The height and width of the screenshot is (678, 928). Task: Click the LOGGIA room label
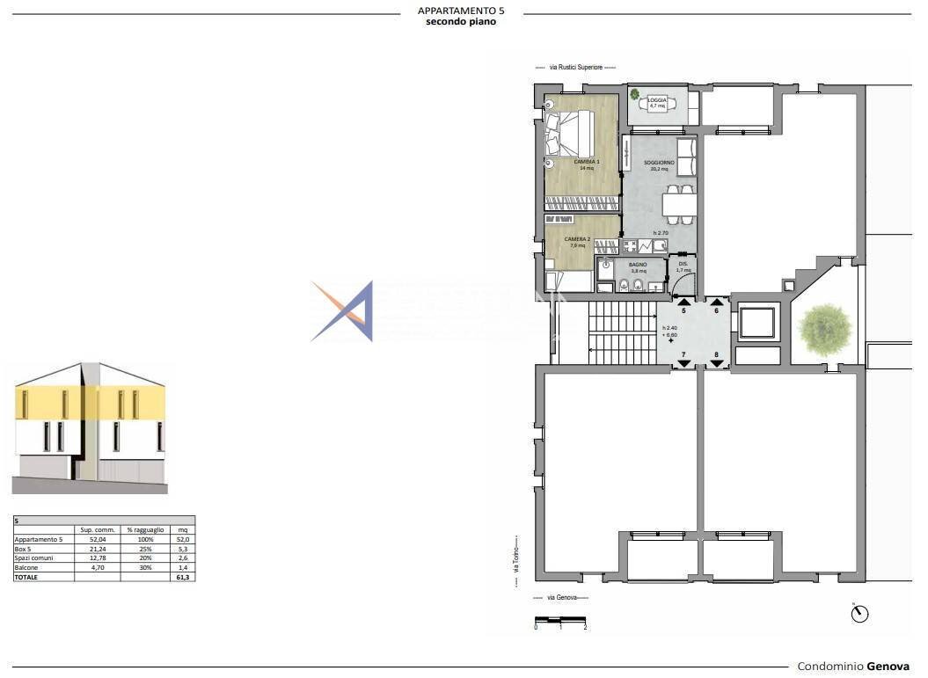(x=657, y=100)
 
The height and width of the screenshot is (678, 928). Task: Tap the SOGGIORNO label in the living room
(x=659, y=163)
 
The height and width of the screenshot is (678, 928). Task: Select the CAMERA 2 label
(x=576, y=239)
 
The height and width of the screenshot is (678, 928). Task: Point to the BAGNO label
(x=638, y=265)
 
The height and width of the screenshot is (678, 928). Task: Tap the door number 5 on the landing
(x=683, y=311)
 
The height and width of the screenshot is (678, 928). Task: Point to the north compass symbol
(x=859, y=613)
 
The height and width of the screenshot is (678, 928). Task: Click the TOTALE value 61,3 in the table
(x=183, y=577)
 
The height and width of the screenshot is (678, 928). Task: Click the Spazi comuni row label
(x=34, y=558)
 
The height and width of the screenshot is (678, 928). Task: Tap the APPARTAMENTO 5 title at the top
(x=461, y=11)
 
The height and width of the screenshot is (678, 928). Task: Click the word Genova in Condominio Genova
(x=888, y=667)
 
